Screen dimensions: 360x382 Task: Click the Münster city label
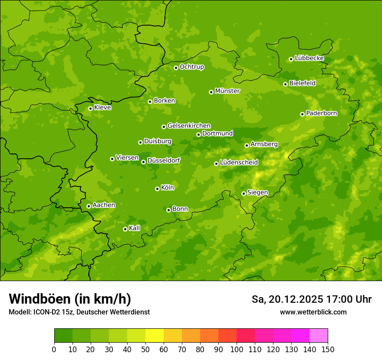(x=227, y=91)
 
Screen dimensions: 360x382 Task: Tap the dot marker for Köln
(x=157, y=189)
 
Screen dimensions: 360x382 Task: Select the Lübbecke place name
(x=309, y=58)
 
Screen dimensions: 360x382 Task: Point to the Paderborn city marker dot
(x=302, y=114)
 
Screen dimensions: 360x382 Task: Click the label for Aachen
(x=104, y=205)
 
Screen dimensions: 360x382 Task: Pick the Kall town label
(x=134, y=228)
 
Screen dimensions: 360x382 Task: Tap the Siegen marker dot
(x=244, y=193)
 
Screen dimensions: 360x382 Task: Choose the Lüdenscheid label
(x=239, y=163)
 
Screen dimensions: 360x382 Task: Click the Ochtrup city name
(x=191, y=67)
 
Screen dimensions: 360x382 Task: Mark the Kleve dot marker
(x=90, y=108)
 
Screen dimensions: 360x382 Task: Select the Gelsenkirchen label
(x=189, y=126)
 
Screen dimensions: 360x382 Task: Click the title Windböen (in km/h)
(x=70, y=299)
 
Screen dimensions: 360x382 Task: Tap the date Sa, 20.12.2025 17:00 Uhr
(x=311, y=299)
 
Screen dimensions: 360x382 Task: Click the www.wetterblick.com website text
(x=313, y=312)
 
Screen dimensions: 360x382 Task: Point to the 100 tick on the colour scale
(x=237, y=349)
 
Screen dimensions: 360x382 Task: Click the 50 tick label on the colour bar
(x=145, y=349)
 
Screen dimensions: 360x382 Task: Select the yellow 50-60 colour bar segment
(x=155, y=336)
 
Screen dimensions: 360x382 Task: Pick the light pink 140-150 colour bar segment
(x=319, y=336)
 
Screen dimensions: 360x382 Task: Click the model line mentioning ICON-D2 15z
(x=79, y=312)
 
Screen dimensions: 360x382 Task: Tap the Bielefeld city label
(x=302, y=83)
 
